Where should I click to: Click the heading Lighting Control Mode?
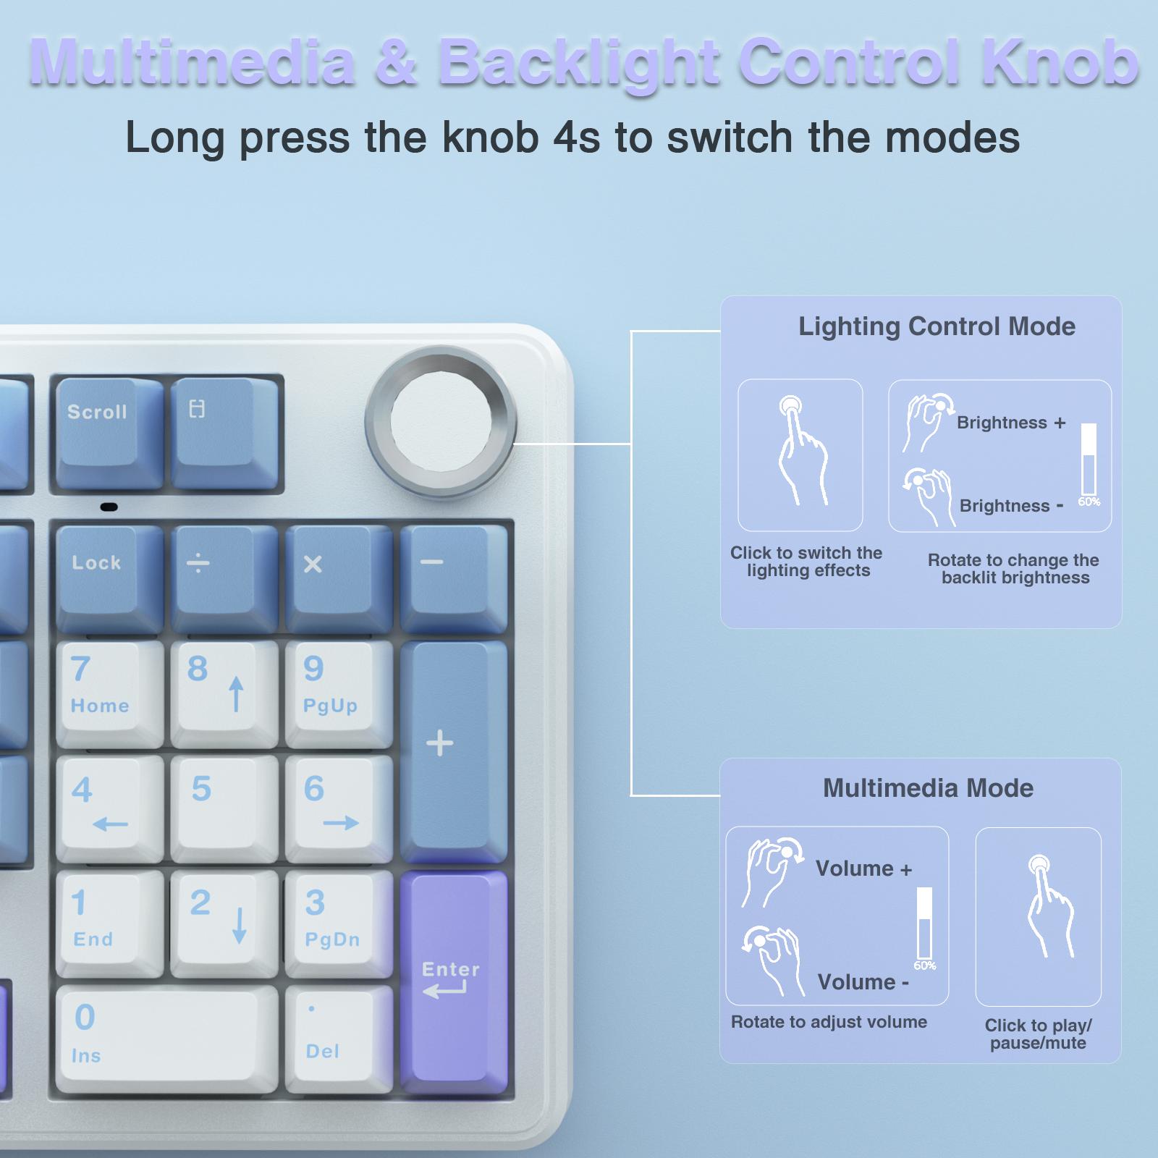(937, 326)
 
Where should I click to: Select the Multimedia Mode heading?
(928, 788)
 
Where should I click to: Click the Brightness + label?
(1011, 423)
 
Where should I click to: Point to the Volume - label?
(863, 982)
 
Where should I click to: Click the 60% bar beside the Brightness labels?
(1089, 460)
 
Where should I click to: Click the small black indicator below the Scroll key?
(109, 507)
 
